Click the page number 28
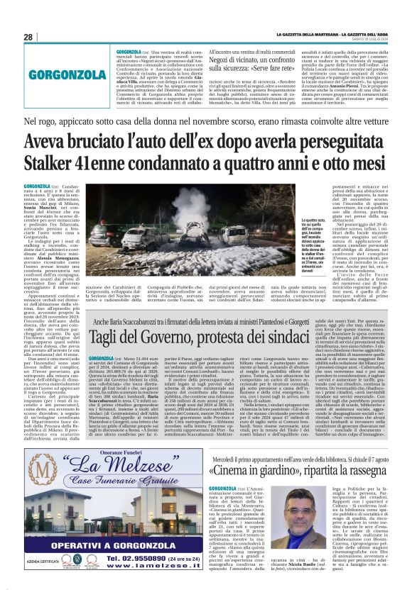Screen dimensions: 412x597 click(28, 37)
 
